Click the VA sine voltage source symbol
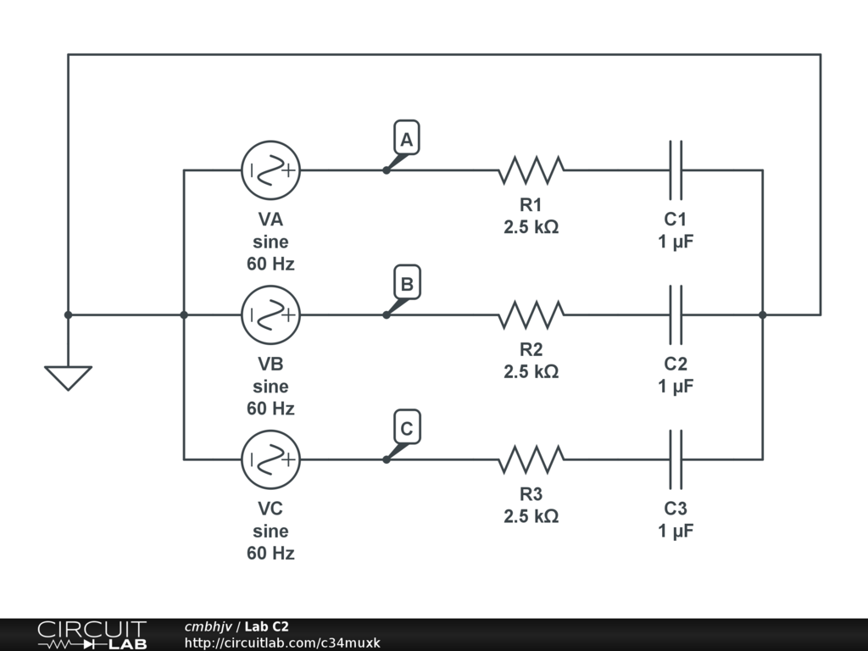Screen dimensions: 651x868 coord(270,170)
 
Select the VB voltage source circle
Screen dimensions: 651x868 coord(270,314)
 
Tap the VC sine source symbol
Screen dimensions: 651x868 coord(270,459)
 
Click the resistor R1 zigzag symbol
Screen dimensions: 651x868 coord(531,170)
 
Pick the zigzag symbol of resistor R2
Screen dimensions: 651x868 coord(531,314)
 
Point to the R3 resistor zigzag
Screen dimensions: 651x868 coord(531,459)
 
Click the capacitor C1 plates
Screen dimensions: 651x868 coord(676,170)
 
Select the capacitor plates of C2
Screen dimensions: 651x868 coord(676,314)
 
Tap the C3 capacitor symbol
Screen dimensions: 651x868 coord(676,459)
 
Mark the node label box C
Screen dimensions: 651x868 coord(407,429)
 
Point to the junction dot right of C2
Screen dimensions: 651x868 coord(762,314)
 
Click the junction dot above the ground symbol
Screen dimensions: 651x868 coord(68,314)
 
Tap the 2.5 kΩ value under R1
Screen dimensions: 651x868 coord(531,227)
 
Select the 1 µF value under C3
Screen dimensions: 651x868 coord(676,531)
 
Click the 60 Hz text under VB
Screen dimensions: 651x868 coord(270,409)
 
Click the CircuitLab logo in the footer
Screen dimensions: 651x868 coord(92,635)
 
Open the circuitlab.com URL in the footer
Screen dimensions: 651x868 coord(282,643)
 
